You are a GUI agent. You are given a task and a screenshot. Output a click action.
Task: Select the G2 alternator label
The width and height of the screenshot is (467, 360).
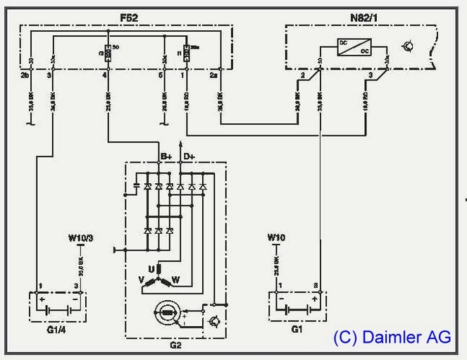pyautogui.click(x=175, y=345)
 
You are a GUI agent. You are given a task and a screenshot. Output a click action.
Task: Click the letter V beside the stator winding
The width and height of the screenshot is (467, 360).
pyautogui.click(x=142, y=280)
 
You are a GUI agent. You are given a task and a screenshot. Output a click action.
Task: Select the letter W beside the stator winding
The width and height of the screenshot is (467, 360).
pyautogui.click(x=175, y=280)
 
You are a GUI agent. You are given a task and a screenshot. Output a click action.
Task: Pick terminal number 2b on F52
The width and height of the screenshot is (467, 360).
pyautogui.click(x=24, y=74)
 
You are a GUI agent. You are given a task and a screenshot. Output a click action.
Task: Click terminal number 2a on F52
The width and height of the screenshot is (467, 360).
pyautogui.click(x=214, y=74)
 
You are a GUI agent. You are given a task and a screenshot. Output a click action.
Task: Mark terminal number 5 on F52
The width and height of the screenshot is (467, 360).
pyautogui.click(x=160, y=74)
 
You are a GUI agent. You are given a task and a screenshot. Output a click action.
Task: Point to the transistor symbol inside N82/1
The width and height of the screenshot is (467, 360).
pyautogui.click(x=407, y=47)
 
